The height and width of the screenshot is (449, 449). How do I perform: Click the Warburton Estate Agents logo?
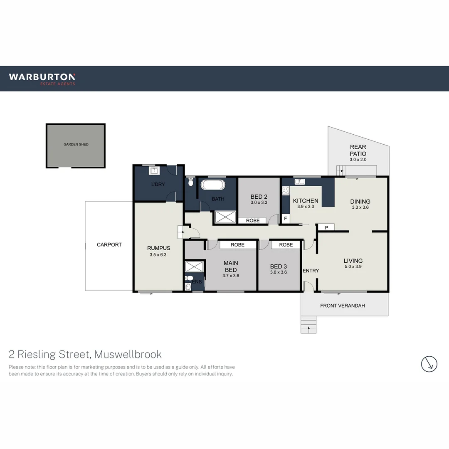point(42,78)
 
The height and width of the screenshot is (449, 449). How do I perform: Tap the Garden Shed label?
point(76,144)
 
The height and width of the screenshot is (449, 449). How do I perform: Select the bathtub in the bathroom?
point(213,185)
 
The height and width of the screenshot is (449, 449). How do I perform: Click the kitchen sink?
point(300,181)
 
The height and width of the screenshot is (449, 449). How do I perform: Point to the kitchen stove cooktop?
point(286,191)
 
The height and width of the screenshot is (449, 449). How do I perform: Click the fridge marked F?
point(285,218)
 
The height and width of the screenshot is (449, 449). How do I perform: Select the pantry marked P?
point(326,227)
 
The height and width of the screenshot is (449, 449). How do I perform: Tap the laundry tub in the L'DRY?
point(154,170)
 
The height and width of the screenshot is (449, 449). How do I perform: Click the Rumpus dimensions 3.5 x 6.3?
point(158,255)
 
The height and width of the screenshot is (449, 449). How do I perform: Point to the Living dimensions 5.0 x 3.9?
point(353,267)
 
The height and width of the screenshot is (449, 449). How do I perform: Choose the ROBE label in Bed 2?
point(253,220)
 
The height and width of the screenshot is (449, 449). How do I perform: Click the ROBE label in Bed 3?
point(286,245)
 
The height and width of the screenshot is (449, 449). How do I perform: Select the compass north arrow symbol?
point(429,364)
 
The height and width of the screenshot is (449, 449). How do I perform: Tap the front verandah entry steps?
point(308,324)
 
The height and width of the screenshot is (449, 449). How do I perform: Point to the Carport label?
point(109,244)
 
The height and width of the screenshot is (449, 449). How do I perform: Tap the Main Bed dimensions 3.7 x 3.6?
point(231,275)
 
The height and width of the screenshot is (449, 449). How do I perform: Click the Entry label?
point(311,271)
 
